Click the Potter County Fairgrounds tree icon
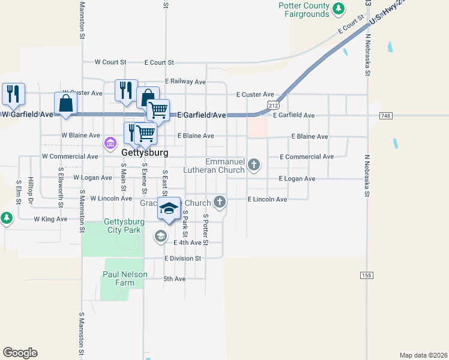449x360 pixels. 340,8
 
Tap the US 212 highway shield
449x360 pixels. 274,106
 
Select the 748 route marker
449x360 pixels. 386,115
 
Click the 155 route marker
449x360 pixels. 367,275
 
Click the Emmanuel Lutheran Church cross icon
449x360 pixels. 255,164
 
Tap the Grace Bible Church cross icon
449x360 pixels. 220,202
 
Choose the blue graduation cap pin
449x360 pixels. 169,208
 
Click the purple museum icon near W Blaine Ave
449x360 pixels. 110,143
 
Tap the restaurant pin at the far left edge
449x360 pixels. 13,94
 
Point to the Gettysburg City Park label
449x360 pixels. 123,226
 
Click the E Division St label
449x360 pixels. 182,259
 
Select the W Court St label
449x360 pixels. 110,62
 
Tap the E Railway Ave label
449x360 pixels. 185,82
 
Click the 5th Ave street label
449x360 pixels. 175,279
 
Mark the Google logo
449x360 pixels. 20,353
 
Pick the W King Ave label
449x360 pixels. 50,220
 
